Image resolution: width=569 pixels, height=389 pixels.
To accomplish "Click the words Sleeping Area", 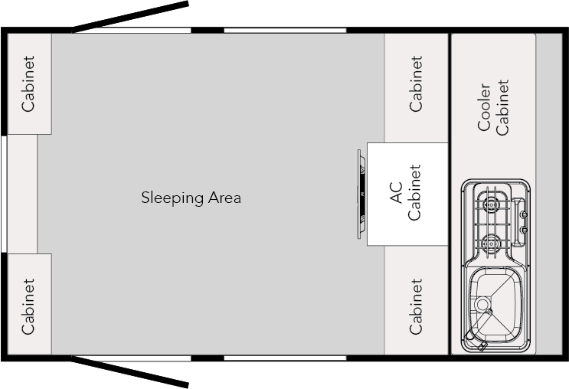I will [191, 198].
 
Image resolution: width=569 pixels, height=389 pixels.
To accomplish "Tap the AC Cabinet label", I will [406, 194].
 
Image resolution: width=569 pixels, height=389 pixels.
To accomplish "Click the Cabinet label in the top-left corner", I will [28, 83].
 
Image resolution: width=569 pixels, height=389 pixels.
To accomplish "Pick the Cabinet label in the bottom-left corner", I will [28, 306].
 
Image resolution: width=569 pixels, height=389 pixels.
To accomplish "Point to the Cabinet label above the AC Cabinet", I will [416, 83].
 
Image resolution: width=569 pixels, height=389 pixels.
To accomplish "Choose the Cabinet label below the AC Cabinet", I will [416, 306].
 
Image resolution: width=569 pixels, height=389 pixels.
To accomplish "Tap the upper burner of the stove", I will [490, 204].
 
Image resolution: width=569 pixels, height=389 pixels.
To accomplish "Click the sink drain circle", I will [482, 305].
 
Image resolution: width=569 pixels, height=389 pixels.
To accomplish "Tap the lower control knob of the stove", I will [524, 229].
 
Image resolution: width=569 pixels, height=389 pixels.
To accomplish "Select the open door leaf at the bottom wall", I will [130, 371].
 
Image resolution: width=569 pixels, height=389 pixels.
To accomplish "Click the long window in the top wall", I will [284, 30].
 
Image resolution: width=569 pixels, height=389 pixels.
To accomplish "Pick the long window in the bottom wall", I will [284, 358].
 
